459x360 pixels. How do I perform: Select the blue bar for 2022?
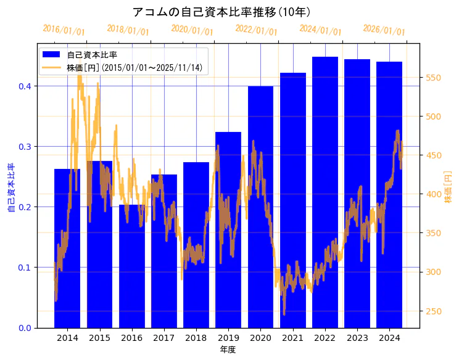325,197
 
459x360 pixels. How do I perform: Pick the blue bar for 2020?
261,210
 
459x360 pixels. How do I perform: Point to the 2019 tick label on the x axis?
228,338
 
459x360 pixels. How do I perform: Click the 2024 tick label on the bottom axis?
389,338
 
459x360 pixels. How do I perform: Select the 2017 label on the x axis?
164,338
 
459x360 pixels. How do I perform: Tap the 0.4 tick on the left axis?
25,86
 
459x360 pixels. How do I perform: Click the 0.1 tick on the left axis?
25,268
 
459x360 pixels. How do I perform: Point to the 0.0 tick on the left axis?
25,328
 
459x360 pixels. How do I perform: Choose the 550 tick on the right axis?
434,78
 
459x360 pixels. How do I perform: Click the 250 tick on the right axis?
434,311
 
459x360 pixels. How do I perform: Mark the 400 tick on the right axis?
434,194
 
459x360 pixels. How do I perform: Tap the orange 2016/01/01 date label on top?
64,30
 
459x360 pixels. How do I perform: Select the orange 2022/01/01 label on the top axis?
256,30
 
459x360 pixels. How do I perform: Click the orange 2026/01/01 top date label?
384,30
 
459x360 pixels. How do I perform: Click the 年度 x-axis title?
228,350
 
